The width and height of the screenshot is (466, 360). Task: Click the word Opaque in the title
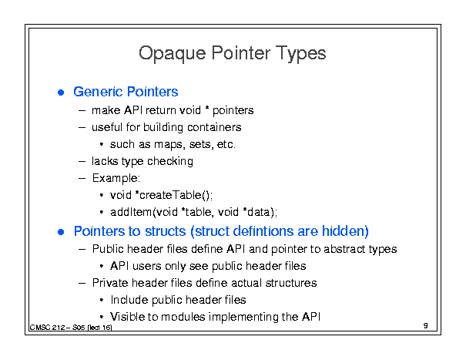coord(172,54)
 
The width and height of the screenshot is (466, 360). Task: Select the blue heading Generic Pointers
coord(126,92)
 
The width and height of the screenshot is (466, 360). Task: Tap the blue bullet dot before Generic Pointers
coord(61,93)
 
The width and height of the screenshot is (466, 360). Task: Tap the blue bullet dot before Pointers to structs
coord(61,232)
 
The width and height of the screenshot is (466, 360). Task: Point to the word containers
coord(214,127)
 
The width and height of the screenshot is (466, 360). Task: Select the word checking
coord(170,162)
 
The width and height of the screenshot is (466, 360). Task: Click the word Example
coord(116,179)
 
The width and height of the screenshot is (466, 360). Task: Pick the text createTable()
coord(176,196)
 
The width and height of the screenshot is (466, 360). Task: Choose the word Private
coord(110,283)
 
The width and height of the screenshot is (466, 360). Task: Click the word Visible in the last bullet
coord(127,317)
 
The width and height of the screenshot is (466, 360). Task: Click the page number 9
coord(426,325)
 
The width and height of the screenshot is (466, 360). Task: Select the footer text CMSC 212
coord(47,328)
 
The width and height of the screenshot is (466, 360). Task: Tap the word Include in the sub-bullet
coord(129,300)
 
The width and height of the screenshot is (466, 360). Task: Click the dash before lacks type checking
coord(82,162)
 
